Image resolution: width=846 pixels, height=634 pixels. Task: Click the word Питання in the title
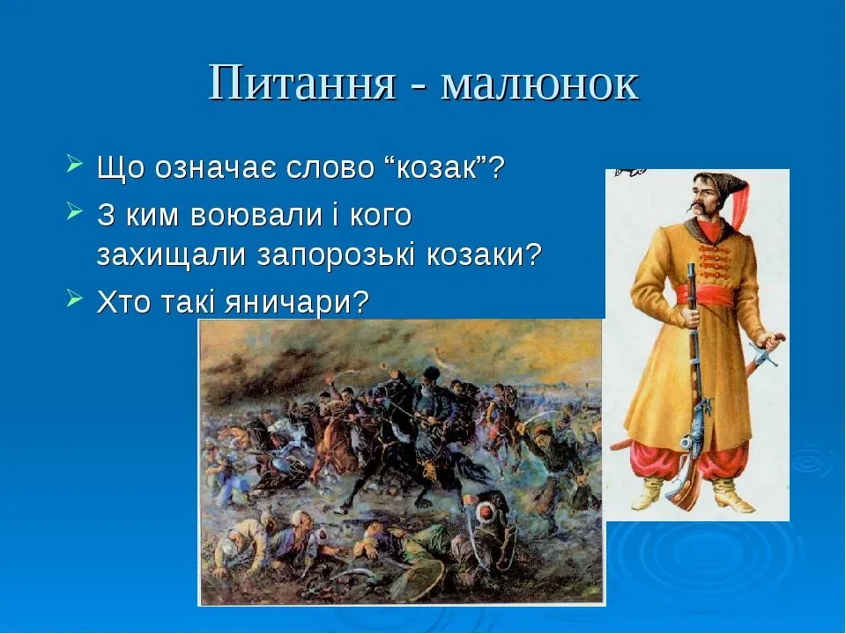coord(302,83)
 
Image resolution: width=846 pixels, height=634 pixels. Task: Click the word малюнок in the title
coord(540,84)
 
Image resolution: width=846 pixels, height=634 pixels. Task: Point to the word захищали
coord(171,255)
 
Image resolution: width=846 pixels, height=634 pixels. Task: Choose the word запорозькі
coord(338,255)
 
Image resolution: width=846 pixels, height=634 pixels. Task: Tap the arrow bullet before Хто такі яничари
coord(74,299)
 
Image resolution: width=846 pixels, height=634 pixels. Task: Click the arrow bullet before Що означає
coord(74,164)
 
